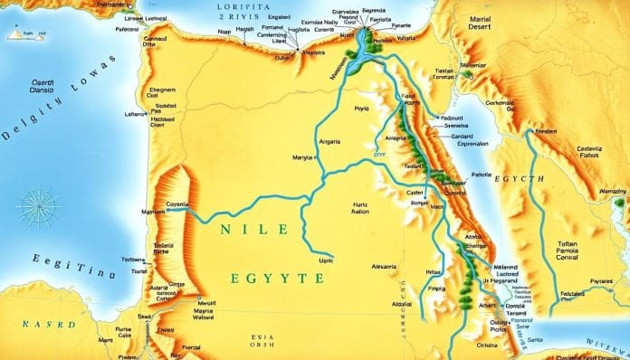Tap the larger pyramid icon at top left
pos(18,33)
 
